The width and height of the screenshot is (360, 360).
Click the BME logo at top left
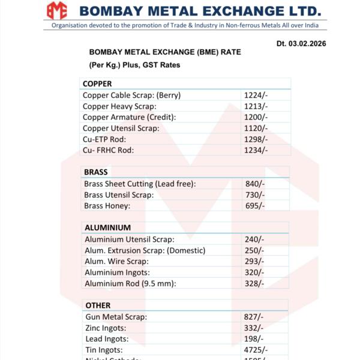[x=58, y=10]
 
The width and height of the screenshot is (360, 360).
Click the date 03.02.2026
[x=301, y=44]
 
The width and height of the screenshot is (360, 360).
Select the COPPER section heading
[x=97, y=83]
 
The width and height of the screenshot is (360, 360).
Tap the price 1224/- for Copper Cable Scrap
[x=256, y=95]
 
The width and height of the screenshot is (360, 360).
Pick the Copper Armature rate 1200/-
[x=256, y=117]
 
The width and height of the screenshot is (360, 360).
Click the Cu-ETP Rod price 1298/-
[x=256, y=139]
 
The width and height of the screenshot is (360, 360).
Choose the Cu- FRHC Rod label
[x=108, y=150]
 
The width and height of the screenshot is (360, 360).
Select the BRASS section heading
[x=96, y=172]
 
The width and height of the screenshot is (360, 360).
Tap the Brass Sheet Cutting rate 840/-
[x=255, y=184]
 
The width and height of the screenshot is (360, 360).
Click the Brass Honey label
[x=107, y=206]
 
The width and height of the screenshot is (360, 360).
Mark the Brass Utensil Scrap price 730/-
[x=255, y=195]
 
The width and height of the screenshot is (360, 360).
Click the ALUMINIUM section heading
[x=107, y=228]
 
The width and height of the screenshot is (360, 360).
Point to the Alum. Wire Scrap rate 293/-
[x=254, y=261]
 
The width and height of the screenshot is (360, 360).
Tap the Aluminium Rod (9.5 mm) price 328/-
[x=254, y=283]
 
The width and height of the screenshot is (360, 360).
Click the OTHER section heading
[x=98, y=305]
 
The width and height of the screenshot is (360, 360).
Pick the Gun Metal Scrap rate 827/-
[x=254, y=317]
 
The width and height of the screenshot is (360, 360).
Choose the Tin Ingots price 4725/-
[x=256, y=350]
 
